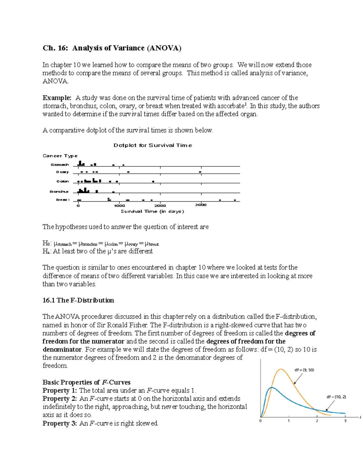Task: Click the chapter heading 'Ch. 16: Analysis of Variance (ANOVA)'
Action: (112, 48)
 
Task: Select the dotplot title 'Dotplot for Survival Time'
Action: (152, 145)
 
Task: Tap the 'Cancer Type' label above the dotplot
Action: (60, 156)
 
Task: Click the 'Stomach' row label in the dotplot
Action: (60, 165)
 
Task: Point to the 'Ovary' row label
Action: (62, 172)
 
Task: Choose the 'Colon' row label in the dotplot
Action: (63, 181)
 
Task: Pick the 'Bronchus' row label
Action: (59, 192)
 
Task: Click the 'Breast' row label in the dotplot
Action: (63, 200)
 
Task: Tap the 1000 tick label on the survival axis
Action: (119, 205)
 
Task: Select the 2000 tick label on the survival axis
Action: (160, 205)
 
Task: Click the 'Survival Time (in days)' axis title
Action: (152, 212)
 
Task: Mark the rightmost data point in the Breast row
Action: (235, 200)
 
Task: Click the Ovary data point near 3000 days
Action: (200, 172)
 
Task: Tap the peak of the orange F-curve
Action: (281, 369)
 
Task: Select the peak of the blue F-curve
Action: (272, 387)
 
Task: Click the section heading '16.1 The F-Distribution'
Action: (78, 300)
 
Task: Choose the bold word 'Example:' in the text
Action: (57, 98)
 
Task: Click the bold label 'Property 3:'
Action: (60, 423)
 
